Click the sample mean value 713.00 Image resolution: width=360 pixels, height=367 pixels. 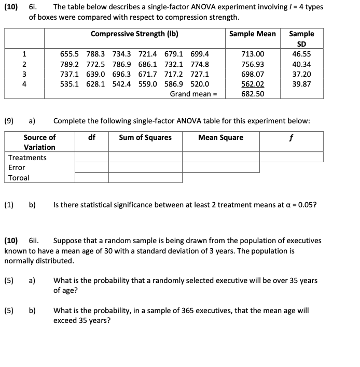253,54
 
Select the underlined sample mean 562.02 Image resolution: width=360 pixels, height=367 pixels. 253,84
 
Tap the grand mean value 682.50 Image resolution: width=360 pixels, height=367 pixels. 253,94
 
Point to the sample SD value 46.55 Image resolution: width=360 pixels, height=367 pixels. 301,54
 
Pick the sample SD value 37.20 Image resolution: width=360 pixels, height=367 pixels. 301,74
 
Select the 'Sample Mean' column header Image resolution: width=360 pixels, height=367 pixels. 253,34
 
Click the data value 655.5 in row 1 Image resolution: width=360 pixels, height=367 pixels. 70,54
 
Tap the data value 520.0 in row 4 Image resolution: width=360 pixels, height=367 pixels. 200,84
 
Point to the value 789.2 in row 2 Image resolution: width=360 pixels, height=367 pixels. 70,64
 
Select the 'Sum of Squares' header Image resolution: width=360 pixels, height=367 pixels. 145,137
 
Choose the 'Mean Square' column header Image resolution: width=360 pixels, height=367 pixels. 220,137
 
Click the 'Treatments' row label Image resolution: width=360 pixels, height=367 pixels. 27,158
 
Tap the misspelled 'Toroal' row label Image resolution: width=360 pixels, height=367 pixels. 19,178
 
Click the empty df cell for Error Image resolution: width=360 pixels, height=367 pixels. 91,167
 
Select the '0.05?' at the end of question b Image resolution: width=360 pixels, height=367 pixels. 306,205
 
